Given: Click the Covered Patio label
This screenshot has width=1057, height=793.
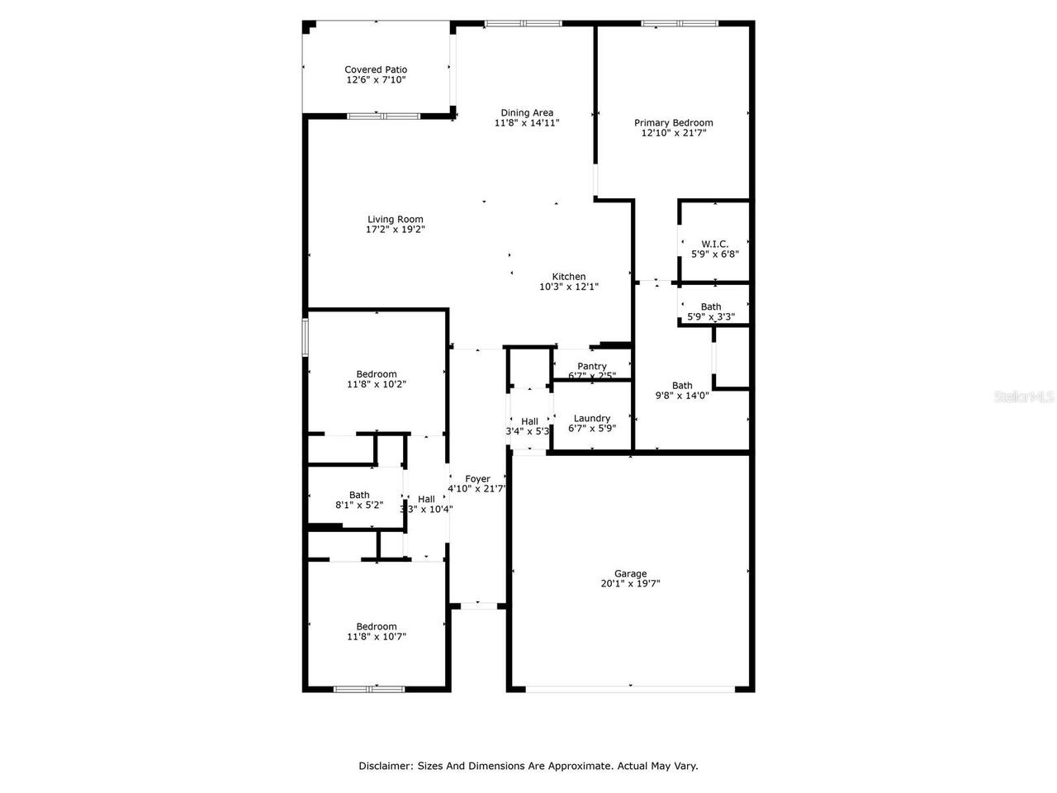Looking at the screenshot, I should (x=376, y=70).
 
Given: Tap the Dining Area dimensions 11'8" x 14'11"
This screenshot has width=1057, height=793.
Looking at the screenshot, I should (x=527, y=123).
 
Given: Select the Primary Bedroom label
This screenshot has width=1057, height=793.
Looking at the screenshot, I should (x=673, y=123).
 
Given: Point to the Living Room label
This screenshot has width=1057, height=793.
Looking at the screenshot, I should (x=396, y=220).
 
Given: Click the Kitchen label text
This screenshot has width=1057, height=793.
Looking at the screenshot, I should (x=569, y=277).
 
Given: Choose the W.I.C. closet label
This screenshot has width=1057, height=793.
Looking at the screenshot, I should (x=714, y=244).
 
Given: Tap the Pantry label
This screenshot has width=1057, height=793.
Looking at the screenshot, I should (x=592, y=366).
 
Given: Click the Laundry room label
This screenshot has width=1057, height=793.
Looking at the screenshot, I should (x=592, y=418).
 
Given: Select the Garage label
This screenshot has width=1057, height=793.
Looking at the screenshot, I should (x=630, y=573).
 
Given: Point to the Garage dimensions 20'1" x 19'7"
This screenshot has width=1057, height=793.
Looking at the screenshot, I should (x=630, y=584).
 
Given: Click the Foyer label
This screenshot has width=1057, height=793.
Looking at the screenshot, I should (x=477, y=479).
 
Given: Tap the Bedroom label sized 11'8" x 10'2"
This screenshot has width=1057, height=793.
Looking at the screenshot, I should (x=377, y=374).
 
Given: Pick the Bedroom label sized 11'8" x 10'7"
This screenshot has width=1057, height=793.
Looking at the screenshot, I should (x=377, y=626).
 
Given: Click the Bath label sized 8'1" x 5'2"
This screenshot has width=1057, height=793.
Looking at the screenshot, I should (x=359, y=495).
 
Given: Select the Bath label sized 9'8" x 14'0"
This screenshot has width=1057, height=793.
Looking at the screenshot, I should (x=682, y=386).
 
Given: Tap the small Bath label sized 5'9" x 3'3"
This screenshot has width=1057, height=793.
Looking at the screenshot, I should (x=711, y=306).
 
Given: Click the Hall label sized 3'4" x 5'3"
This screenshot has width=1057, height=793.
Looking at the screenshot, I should (x=529, y=421).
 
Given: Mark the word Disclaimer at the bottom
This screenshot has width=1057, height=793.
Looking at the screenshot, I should (x=385, y=766).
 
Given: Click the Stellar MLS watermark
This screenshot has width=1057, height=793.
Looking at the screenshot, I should (x=1024, y=397).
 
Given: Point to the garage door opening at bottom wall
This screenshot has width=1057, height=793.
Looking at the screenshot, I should (x=630, y=688).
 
